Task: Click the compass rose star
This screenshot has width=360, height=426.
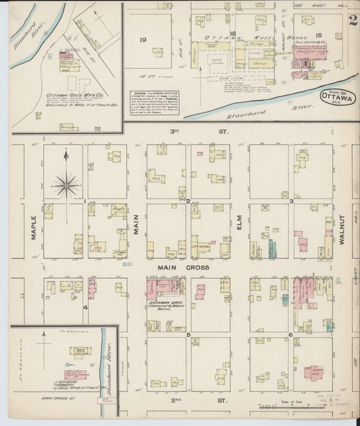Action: point(66,184)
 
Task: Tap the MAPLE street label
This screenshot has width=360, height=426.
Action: point(32,229)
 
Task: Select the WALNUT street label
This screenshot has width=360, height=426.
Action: point(342,229)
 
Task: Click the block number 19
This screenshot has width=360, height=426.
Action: point(143,40)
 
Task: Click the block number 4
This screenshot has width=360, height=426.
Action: point(85,307)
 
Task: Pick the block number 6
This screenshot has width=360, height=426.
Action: point(290,334)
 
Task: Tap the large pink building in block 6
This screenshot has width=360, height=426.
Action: point(313,373)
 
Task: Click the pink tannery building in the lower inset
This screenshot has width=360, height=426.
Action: point(76,373)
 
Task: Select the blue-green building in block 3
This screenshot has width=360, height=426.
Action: point(272,248)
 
